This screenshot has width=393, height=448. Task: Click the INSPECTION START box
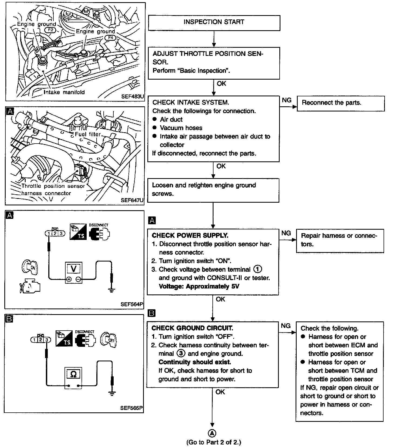214,22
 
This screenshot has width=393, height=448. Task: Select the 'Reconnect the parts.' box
340,103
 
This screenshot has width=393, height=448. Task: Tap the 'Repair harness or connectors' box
340,240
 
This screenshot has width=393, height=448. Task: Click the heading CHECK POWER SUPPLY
190,235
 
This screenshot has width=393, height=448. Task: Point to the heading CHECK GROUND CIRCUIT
192,328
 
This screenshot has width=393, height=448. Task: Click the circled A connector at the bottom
212,433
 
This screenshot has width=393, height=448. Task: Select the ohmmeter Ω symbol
73,374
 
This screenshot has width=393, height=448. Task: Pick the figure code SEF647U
132,200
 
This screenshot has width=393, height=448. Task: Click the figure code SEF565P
131,408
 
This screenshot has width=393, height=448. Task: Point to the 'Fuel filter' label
88,134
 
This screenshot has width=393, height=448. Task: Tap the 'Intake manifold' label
64,92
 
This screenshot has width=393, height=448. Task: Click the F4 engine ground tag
111,38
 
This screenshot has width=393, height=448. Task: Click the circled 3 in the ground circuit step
181,354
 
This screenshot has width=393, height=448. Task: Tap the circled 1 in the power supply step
258,269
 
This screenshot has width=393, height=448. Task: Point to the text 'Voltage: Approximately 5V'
199,286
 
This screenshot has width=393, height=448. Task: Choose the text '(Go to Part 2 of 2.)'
214,442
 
